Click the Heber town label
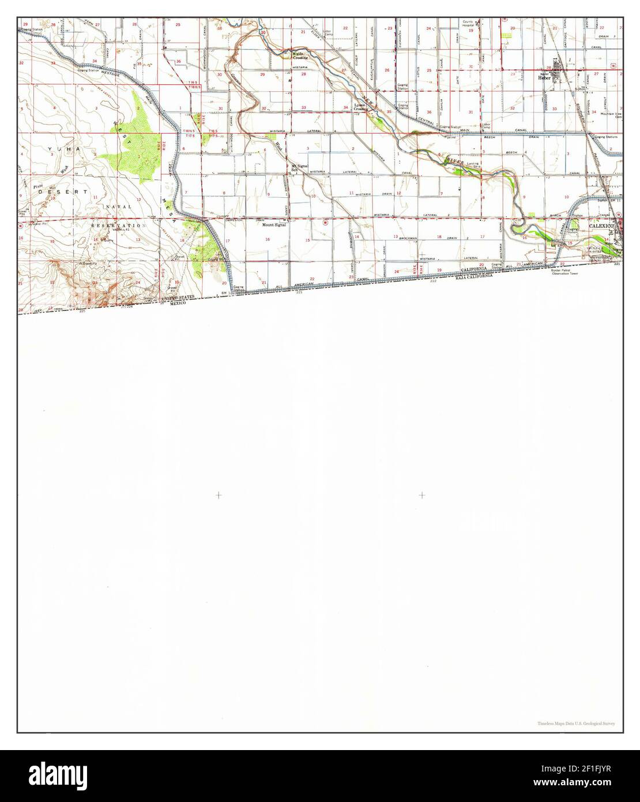(x=544, y=77)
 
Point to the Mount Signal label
(x=274, y=224)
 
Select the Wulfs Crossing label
(x=299, y=57)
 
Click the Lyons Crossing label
(x=361, y=107)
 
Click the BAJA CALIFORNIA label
(x=473, y=276)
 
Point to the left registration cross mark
(x=219, y=495)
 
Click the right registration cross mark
(x=422, y=495)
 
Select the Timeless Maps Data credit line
(x=575, y=723)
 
